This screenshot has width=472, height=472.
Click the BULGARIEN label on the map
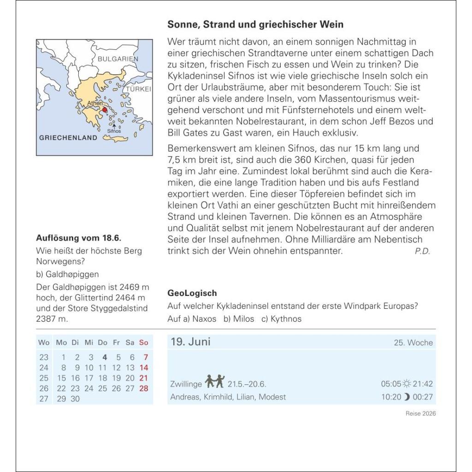pyautogui.click(x=118, y=59)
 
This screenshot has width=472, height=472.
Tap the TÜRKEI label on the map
pyautogui.click(x=139, y=89)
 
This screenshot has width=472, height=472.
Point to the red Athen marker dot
pyautogui.click(x=105, y=110)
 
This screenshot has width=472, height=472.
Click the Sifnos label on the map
pyautogui.click(x=113, y=131)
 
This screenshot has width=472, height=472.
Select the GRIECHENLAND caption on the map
pyautogui.click(x=68, y=137)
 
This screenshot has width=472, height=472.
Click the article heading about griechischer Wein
pyautogui.click(x=255, y=24)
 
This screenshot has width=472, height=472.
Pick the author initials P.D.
pyautogui.click(x=422, y=251)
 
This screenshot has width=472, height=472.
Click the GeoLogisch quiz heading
pyautogui.click(x=192, y=293)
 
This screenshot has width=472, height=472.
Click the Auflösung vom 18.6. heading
pyautogui.click(x=78, y=238)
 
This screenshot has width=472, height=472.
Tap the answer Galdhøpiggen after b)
pyautogui.click(x=72, y=274)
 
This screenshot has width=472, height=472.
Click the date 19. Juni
pyautogui.click(x=190, y=342)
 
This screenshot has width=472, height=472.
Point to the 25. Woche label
pyautogui.click(x=413, y=343)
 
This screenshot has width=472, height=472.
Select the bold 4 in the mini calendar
pyautogui.click(x=105, y=357)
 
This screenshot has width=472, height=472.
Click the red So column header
pyautogui.click(x=144, y=342)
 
